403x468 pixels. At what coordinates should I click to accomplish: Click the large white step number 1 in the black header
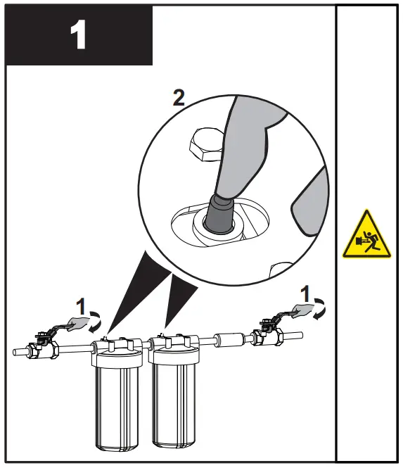point(79,35)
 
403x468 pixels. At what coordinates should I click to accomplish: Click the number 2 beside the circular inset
point(179,97)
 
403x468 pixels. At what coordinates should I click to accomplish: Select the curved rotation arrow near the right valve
point(321,308)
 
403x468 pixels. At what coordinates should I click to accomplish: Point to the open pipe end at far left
point(17,350)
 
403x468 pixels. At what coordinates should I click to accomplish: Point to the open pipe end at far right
point(300,336)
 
